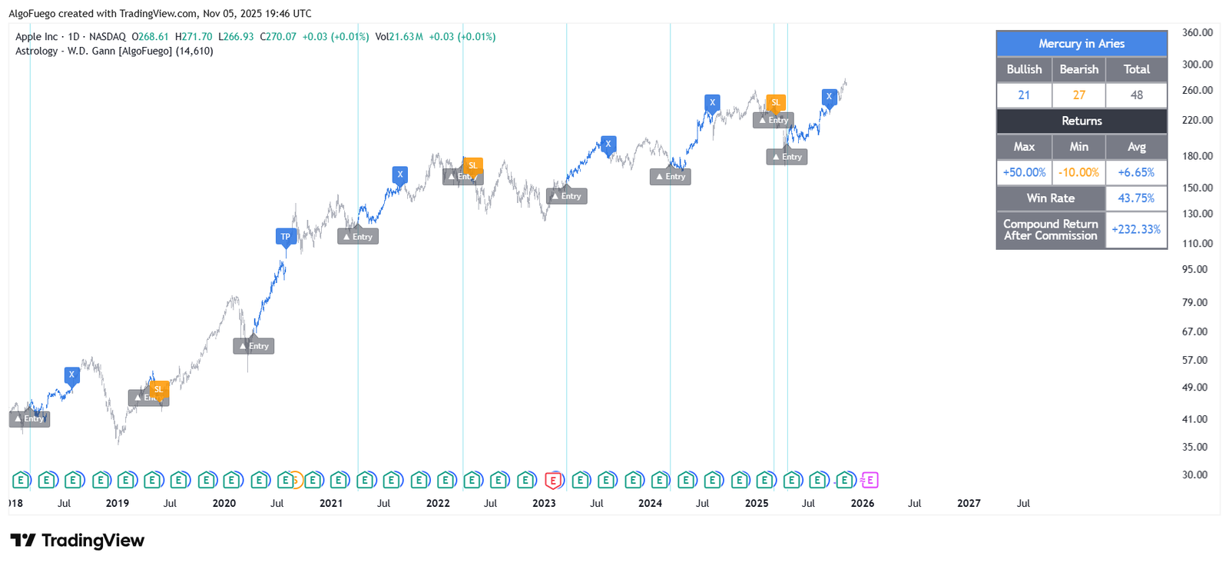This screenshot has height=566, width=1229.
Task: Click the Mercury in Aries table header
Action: (x=1081, y=44)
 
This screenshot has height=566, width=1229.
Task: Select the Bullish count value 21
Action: (x=1023, y=95)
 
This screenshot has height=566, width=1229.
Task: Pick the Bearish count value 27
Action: (x=1078, y=95)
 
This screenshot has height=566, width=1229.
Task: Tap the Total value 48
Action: (x=1136, y=95)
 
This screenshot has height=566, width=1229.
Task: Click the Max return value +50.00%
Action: (x=1023, y=172)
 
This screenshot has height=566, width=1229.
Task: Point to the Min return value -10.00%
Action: (x=1078, y=172)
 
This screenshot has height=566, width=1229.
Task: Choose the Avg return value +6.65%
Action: (x=1136, y=172)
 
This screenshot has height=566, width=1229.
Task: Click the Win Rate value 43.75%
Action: (x=1136, y=198)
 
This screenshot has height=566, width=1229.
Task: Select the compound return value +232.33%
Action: (x=1136, y=229)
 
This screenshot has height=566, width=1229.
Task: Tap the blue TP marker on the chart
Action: (x=286, y=237)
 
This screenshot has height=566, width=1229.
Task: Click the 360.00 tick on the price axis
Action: (x=1197, y=33)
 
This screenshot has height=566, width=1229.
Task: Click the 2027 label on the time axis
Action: (x=969, y=504)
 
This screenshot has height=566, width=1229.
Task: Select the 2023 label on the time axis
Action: (x=544, y=504)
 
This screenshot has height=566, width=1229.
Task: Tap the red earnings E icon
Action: (x=552, y=481)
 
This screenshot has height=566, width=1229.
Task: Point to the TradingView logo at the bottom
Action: (x=78, y=541)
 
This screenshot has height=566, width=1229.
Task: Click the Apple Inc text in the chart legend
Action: (x=36, y=37)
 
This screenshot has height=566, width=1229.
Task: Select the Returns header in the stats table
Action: (x=1081, y=121)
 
